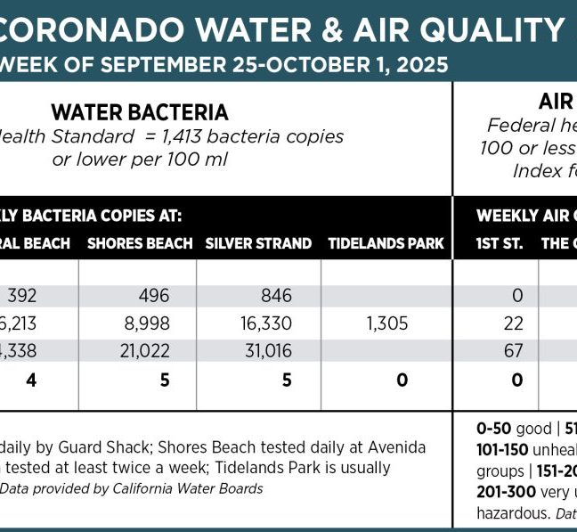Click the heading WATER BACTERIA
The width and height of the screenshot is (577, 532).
coord(140,112)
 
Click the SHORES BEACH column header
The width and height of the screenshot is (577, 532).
coord(140,242)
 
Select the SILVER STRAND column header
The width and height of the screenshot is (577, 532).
coord(258,242)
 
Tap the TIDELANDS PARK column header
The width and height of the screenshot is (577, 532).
coord(386,242)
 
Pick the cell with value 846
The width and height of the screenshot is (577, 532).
coord(265,295)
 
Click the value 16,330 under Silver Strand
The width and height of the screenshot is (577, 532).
coord(261,323)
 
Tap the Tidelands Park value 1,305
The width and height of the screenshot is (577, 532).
coord(386,323)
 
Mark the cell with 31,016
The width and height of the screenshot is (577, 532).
coord(261,351)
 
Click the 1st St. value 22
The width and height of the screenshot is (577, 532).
coord(513,323)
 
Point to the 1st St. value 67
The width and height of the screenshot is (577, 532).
coord(513,351)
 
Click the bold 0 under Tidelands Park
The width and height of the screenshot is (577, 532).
coord(402,381)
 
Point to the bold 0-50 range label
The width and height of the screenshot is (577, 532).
coord(493,428)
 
